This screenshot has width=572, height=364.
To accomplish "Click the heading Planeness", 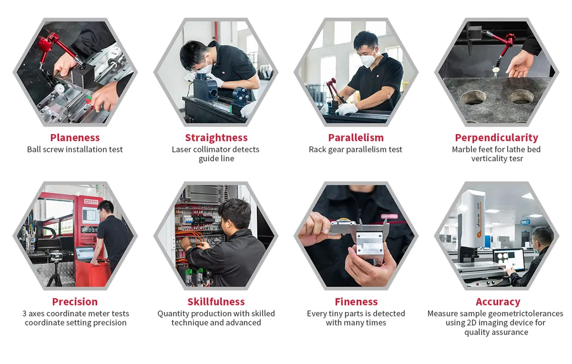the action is click(x=75, y=137).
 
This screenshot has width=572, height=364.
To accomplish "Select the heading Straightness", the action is click(x=216, y=137).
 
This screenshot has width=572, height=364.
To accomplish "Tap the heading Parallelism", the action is click(x=356, y=137).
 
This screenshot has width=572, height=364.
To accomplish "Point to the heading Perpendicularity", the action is click(x=496, y=137).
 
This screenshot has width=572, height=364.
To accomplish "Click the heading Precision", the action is click(x=75, y=302).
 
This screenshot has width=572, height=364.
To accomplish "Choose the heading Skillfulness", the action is click(x=216, y=302).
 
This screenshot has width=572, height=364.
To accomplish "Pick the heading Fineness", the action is click(x=356, y=302).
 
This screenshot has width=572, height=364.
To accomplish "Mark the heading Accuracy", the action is click(x=498, y=302).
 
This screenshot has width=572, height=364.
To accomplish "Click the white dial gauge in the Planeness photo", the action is click(x=60, y=88).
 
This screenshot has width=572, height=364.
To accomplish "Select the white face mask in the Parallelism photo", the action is click(x=368, y=58).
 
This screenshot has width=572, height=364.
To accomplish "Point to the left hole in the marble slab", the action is click(x=474, y=97).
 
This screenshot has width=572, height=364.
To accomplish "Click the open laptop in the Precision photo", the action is click(x=85, y=254).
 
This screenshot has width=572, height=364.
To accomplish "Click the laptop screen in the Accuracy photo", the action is click(x=508, y=259).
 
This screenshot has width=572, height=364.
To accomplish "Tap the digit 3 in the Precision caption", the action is click(x=24, y=314).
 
